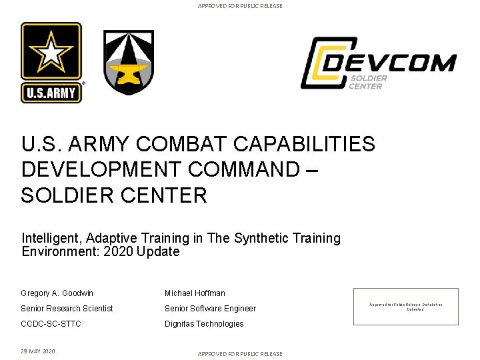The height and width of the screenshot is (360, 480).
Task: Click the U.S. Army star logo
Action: pyautogui.click(x=51, y=63)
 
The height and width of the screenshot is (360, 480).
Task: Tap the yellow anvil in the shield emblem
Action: pyautogui.click(x=128, y=72)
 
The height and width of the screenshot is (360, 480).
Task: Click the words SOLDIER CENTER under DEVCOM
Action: pyautogui.click(x=366, y=82)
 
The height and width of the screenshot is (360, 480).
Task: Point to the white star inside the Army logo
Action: pyautogui.click(x=51, y=52)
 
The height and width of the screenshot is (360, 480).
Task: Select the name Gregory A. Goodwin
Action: pyautogui.click(x=57, y=293)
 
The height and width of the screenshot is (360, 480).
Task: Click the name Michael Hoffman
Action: pyautogui.click(x=195, y=293)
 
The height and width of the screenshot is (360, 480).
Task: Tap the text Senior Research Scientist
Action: pyautogui.click(x=67, y=309)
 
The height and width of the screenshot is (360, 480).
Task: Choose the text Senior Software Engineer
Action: pyautogui.click(x=210, y=309)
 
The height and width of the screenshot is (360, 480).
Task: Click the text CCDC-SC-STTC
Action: pyautogui.click(x=51, y=324)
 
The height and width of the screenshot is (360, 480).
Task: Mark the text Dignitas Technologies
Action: pyautogui.click(x=204, y=324)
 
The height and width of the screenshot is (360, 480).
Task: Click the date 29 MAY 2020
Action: pyautogui.click(x=38, y=351)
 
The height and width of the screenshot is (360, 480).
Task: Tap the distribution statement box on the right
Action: pyautogui.click(x=415, y=307)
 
